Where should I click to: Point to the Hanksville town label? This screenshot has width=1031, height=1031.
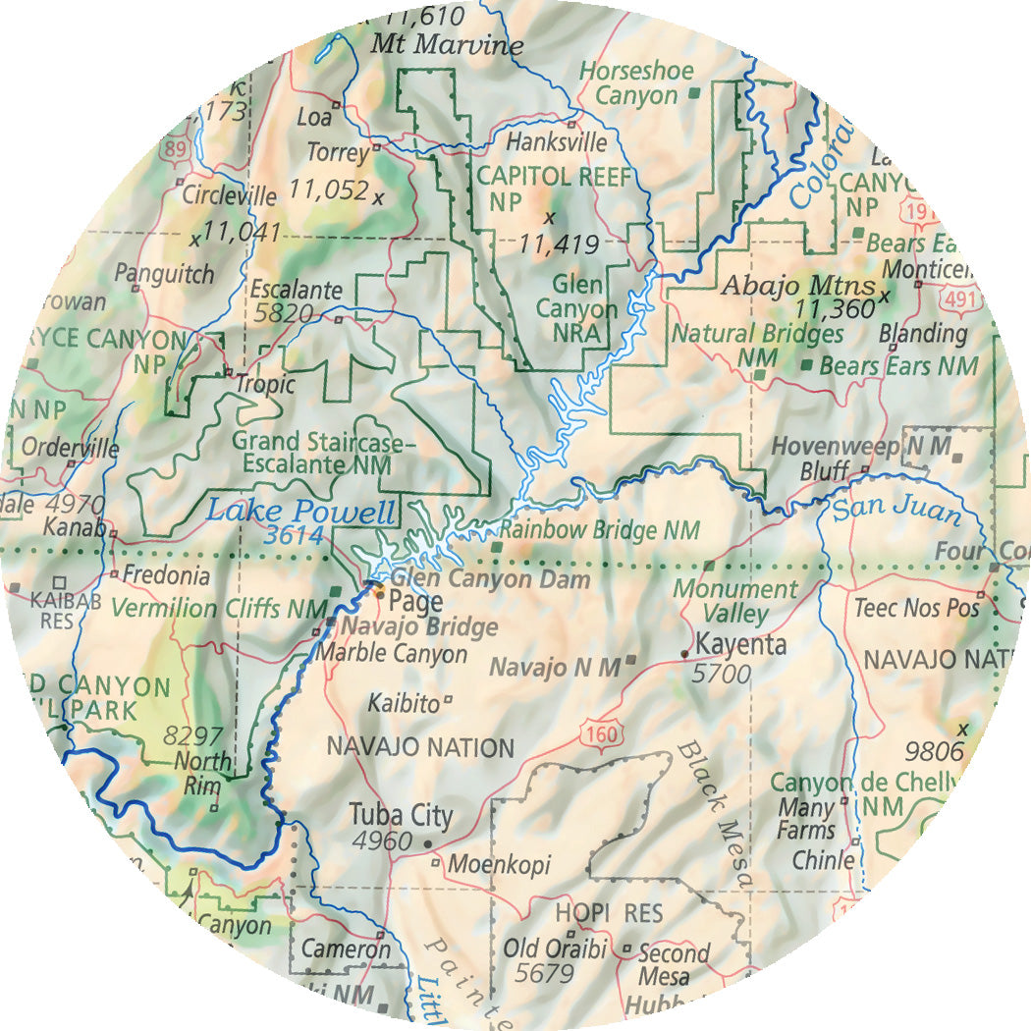tap(556, 142)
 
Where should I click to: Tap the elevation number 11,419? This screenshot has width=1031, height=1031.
tap(559, 243)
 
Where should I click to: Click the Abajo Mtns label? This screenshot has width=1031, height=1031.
tap(797, 287)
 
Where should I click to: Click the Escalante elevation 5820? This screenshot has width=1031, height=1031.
tap(283, 314)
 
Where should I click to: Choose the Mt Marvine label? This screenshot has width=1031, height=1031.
tap(447, 45)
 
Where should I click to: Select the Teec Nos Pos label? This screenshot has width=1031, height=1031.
tap(916, 608)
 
